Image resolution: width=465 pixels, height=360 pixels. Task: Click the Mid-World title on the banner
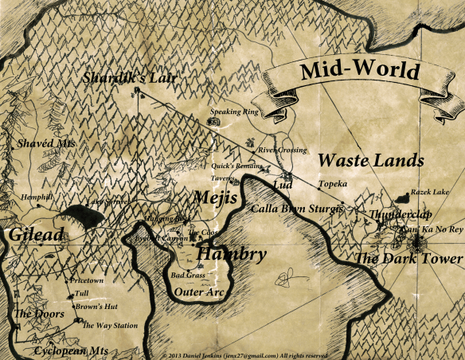(360, 71)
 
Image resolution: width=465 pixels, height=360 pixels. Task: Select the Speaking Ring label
(236, 112)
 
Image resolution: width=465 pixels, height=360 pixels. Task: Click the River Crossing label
(283, 150)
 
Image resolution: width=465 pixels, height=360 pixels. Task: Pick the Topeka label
(333, 184)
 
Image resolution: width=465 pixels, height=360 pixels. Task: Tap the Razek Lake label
(429, 192)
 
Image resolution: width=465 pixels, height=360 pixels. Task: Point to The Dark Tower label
(408, 259)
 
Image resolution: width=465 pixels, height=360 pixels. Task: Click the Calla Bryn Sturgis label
(296, 209)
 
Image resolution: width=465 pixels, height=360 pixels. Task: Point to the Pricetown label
(88, 281)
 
